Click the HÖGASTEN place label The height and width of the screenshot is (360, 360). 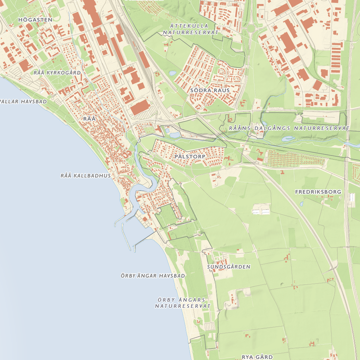[35, 20]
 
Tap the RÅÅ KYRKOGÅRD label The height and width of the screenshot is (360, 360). [57, 73]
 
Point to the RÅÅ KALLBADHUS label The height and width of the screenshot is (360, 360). [85, 176]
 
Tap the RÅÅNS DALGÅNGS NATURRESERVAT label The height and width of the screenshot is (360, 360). [289, 128]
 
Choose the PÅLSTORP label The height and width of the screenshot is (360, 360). [190, 157]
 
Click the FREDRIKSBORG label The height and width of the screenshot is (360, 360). [318, 192]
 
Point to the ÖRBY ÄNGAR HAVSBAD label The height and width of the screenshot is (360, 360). [153, 276]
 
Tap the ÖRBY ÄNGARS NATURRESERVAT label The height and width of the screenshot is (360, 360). [183, 303]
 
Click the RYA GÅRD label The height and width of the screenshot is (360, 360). [257, 357]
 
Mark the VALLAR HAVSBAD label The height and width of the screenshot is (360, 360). [23, 102]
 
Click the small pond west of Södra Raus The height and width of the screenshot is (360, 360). [172, 73]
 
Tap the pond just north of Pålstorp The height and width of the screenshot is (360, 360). [174, 135]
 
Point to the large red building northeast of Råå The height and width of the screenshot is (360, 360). [140, 107]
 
